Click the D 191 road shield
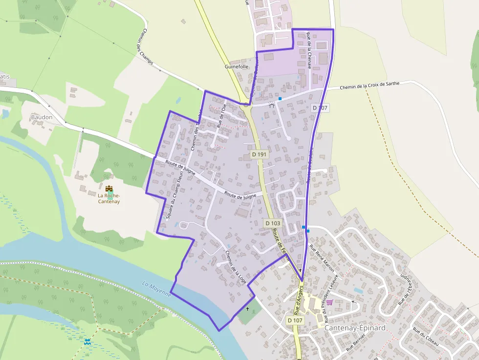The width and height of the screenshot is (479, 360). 260,154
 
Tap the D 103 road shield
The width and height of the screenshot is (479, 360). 273,223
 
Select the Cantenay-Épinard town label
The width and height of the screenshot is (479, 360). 355,328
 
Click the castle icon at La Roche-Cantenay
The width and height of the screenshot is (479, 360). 109,188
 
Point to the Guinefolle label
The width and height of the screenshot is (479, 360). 237,66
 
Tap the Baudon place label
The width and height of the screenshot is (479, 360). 42,117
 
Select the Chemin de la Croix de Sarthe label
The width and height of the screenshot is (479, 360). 370,86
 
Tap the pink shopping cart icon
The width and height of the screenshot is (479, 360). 329,302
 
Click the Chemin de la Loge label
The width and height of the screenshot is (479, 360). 235,268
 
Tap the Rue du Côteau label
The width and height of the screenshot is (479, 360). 425,338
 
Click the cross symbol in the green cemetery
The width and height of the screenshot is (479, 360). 247,309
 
